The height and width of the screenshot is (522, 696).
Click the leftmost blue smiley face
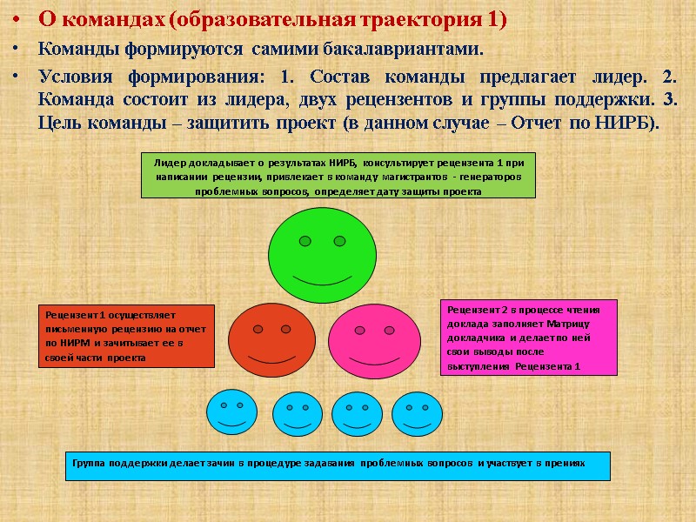point(231,412)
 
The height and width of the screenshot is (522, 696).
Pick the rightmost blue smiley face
point(418,413)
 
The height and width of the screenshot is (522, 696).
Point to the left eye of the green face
point(304,240)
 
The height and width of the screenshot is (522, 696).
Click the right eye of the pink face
point(386,330)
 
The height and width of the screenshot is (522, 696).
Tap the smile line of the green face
point(319,279)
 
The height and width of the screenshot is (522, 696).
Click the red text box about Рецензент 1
point(127,336)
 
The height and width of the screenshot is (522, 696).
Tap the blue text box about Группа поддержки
point(338,465)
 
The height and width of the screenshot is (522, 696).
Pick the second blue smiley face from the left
point(298,413)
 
